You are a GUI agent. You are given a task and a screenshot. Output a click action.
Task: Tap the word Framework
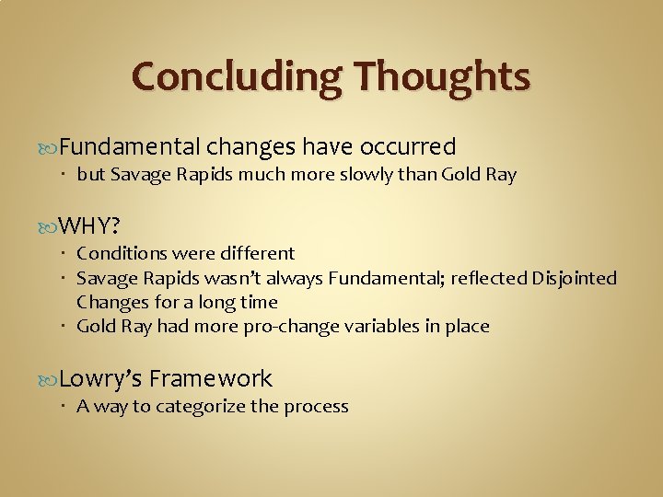click(x=210, y=378)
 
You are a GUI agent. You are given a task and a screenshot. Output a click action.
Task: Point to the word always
click(x=296, y=278)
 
